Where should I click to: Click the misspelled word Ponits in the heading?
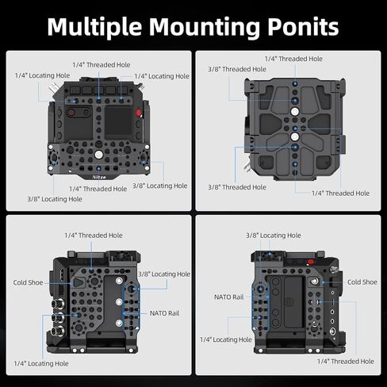coord(303,27)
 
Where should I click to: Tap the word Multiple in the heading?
coord(94,28)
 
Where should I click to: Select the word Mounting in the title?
coord(205,28)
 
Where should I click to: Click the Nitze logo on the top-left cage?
coord(99,177)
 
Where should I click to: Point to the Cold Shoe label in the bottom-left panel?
coord(28,282)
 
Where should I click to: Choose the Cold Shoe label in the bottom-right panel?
coord(362,282)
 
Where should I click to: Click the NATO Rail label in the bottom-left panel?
coord(164,313)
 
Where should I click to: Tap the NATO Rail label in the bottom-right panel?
coord(229,297)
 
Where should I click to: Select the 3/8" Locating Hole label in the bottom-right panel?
coord(274,236)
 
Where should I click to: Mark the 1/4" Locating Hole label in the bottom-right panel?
coord(226,339)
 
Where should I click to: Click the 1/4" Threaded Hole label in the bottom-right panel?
coord(346,362)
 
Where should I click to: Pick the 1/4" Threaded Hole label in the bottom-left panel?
coord(94,236)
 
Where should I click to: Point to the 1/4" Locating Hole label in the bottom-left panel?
coord(41,363)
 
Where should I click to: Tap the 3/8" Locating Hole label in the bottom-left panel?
coord(164,274)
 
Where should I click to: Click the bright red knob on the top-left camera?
coord(139,113)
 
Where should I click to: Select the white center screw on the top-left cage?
coord(98,155)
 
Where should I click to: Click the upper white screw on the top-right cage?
coord(295,112)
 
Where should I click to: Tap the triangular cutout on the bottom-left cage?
coord(79,282)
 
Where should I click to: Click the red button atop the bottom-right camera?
coord(311,262)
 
